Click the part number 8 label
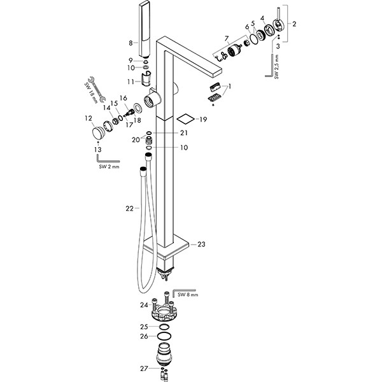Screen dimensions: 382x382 [x=130, y=43]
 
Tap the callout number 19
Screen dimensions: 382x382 [x=203, y=119]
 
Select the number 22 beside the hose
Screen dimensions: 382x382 [x=129, y=208]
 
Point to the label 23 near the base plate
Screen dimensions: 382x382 [x=202, y=244]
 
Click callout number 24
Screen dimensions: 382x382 [x=144, y=305]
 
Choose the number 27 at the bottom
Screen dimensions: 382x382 [x=144, y=367]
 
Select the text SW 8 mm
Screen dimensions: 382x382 [x=188, y=295]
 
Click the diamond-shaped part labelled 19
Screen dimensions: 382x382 [x=184, y=119]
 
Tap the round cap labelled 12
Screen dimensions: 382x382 [x=97, y=134]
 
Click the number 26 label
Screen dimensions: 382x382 [x=144, y=336]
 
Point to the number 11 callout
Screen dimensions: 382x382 [x=130, y=81]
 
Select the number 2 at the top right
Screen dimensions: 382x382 [x=294, y=23]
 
